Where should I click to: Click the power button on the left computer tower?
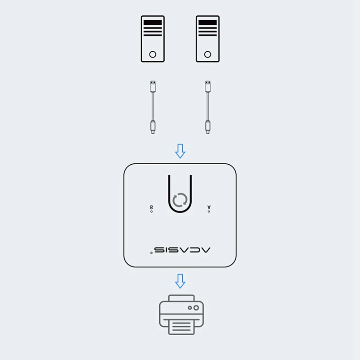click(x=153, y=54)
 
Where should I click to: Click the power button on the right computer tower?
click(x=207, y=54)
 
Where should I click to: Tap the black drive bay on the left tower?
click(x=153, y=22)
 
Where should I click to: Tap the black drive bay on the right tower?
click(x=207, y=22)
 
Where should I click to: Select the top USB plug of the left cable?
click(x=153, y=85)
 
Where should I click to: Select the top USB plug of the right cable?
click(x=207, y=85)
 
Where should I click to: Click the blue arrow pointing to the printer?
click(x=180, y=281)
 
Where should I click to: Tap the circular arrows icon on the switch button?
click(x=180, y=200)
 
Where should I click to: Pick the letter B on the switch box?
click(x=151, y=207)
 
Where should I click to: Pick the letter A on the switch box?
click(x=209, y=207)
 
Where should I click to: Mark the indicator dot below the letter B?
click(x=151, y=211)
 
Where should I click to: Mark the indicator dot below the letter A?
click(x=209, y=211)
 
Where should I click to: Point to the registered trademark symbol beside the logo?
click(x=151, y=253)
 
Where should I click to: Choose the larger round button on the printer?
click(x=196, y=308)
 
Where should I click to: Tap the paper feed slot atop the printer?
click(x=181, y=298)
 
